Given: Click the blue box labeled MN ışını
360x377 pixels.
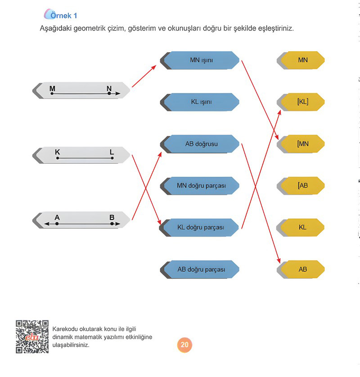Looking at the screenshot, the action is pyautogui.click(x=200, y=60).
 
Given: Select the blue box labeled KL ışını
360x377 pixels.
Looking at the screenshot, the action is pyautogui.click(x=200, y=102).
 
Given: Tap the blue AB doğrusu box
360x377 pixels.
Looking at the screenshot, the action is pyautogui.click(x=200, y=144).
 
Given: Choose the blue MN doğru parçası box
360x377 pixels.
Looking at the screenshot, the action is pyautogui.click(x=200, y=186).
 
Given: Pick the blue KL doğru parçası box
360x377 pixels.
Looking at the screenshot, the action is pyautogui.click(x=199, y=228).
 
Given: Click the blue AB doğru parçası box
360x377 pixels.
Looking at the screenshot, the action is pyautogui.click(x=200, y=269).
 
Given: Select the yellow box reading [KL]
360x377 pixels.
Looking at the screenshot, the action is pyautogui.click(x=301, y=102).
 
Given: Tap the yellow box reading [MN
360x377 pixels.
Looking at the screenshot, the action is pyautogui.click(x=301, y=144).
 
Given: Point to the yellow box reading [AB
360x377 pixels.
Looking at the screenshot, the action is pyautogui.click(x=301, y=186).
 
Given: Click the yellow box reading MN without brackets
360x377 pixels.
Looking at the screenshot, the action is pyautogui.click(x=301, y=60).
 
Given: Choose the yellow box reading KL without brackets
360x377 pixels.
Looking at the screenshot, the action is pyautogui.click(x=301, y=228).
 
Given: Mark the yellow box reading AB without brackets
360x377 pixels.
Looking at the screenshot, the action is pyautogui.click(x=301, y=269).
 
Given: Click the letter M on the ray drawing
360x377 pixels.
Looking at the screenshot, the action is pyautogui.click(x=52, y=89).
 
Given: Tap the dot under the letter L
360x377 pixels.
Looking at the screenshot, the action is pyautogui.click(x=112, y=158).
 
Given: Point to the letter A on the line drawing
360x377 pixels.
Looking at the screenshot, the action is pyautogui.click(x=57, y=217).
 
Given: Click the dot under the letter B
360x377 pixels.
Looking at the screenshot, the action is pyautogui.click(x=112, y=224).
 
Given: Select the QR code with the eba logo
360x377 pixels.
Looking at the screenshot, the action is pyautogui.click(x=32, y=337).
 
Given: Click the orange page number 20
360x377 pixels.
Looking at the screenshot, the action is pyautogui.click(x=184, y=345).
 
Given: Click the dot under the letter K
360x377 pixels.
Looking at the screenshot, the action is pyautogui.click(x=58, y=158).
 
